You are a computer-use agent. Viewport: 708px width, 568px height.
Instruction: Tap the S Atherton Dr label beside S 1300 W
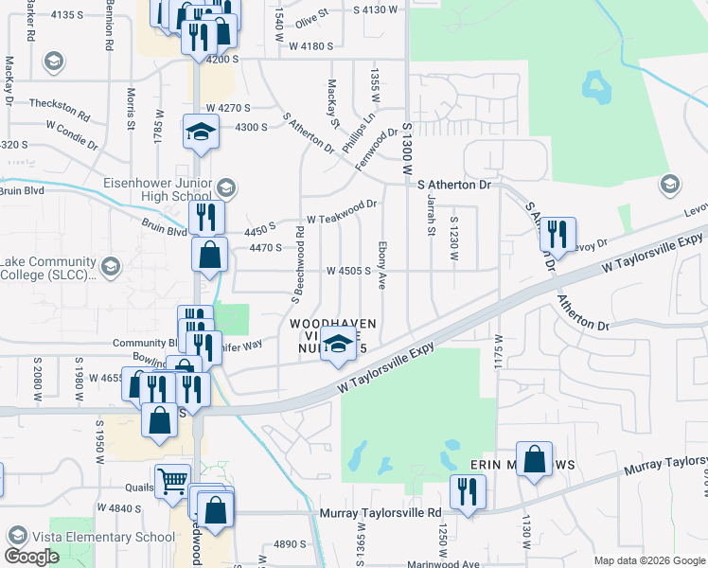[457, 185]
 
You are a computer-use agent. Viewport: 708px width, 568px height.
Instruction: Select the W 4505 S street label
[347, 270]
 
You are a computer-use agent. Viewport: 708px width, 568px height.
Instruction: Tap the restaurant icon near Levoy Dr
[558, 234]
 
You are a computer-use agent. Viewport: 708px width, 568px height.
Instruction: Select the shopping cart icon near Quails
[173, 481]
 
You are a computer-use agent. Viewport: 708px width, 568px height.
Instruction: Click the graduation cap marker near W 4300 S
[201, 133]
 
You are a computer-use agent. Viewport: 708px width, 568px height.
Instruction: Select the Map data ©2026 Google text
[649, 560]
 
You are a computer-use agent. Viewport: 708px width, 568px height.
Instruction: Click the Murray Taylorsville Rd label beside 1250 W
[382, 513]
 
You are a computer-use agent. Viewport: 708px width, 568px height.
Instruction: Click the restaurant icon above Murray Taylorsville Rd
[468, 492]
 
